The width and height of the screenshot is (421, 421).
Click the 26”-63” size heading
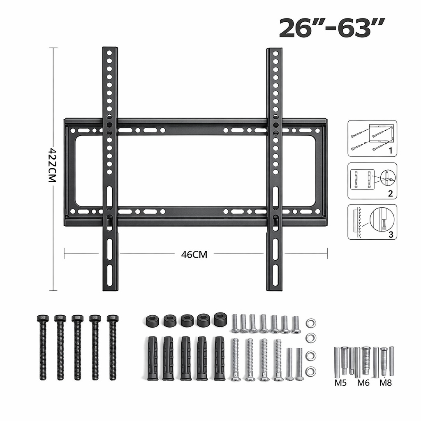[x=332, y=28]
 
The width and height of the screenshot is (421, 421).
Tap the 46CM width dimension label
[x=194, y=254]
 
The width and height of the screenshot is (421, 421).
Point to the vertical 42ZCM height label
[x=52, y=165]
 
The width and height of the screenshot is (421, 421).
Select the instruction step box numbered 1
[x=372, y=139]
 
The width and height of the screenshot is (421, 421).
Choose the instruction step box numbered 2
[x=372, y=181]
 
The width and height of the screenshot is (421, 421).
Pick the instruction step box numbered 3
[x=372, y=222]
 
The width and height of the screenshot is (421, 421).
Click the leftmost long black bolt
[x=43, y=347]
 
